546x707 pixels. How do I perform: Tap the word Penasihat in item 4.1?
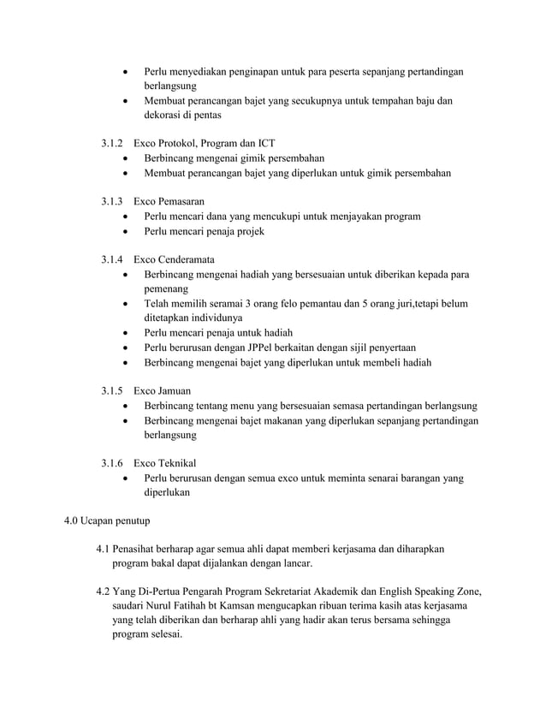coord(142,549)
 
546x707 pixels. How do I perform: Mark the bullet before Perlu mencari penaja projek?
coord(127,232)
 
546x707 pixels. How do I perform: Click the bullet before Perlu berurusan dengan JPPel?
coord(127,348)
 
